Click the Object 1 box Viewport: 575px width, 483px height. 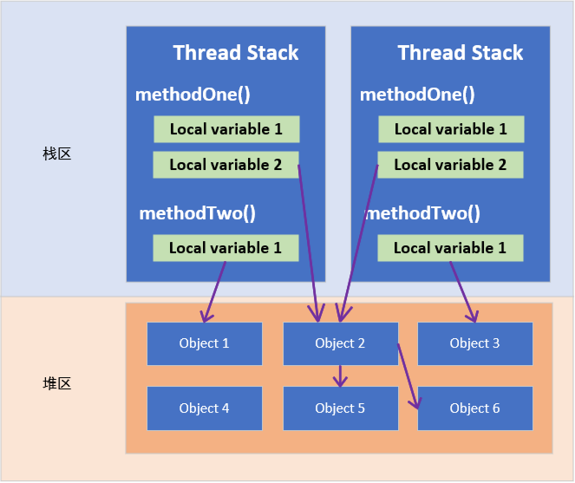pos(205,343)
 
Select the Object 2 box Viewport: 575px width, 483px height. pos(341,343)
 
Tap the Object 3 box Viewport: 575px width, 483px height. pos(475,343)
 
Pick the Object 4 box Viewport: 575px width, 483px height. pos(205,408)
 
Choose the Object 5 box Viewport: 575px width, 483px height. pos(341,408)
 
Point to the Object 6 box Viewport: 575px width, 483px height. pos(475,408)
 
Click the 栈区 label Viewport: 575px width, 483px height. pos(57,153)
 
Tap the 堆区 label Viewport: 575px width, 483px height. pos(57,383)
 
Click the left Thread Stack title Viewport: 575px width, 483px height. pos(236,52)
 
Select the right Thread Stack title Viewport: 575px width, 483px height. pos(461,52)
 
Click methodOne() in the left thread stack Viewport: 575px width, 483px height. pos(193,95)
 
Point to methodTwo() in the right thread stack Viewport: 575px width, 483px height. pos(423,213)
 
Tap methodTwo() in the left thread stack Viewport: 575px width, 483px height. pos(197,213)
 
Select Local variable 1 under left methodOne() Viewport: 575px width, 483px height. pos(226,129)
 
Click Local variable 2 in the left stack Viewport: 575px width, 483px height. pos(225,165)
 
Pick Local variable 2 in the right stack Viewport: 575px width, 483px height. pos(450,165)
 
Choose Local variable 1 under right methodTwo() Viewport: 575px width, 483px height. pos(450,248)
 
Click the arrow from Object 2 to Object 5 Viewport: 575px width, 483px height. pos(340,376)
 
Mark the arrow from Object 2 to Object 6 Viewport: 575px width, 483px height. pos(408,376)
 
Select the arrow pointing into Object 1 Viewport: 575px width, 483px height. pos(214,291)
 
